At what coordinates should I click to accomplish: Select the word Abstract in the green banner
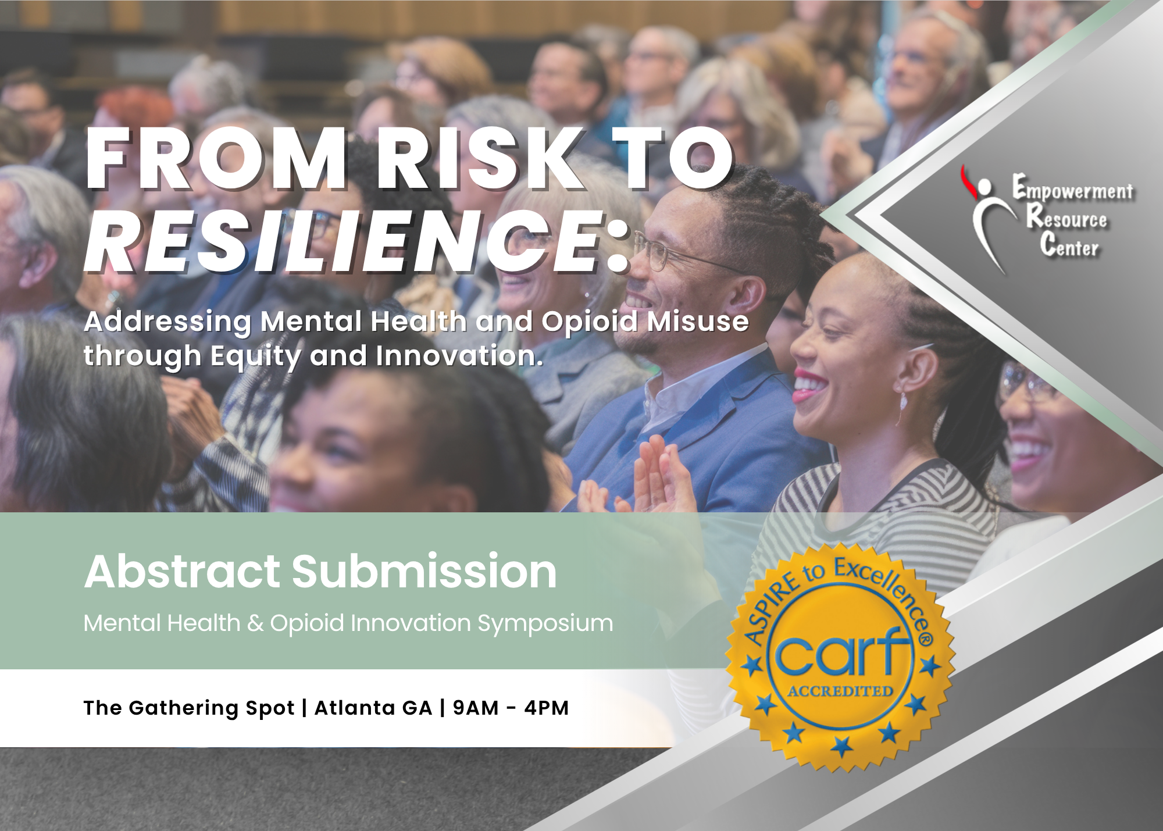(183, 572)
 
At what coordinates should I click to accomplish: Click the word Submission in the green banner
(424, 572)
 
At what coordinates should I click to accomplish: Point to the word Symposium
(545, 624)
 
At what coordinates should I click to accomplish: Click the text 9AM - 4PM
(511, 708)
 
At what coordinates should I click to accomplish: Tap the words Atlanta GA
(373, 708)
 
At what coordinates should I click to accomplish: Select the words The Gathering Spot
(189, 708)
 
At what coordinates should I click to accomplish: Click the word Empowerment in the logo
(1073, 189)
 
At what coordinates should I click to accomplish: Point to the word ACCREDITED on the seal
(840, 691)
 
